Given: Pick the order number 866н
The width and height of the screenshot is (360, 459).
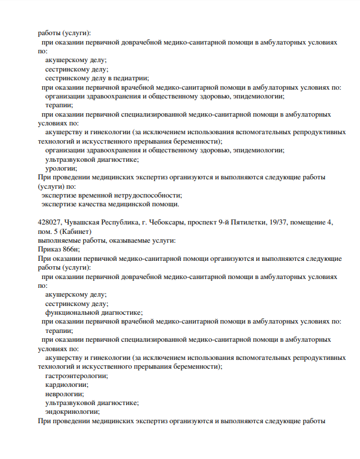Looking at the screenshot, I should point(68,249).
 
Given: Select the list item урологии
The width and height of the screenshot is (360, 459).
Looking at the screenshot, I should point(61,168).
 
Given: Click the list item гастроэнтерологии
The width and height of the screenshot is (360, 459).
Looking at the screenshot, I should point(77,376).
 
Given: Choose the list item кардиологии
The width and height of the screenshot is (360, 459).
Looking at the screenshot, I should point(67,385).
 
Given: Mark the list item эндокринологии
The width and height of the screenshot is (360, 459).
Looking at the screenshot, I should point(72,412).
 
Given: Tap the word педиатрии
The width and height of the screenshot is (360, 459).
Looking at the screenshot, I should point(132,78).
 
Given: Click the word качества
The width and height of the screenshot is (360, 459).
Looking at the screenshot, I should point(89,204).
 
